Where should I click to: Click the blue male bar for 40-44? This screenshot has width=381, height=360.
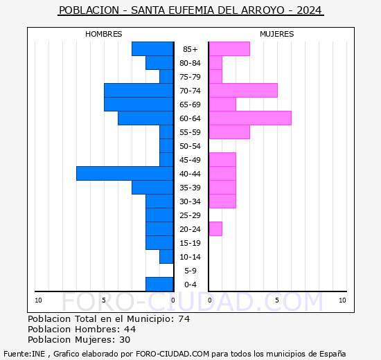tap(125, 174)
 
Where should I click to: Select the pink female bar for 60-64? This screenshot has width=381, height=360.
tap(250, 118)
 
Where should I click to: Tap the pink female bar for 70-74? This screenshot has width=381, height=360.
tap(243, 91)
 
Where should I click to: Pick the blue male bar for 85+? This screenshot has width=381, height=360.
tap(152, 49)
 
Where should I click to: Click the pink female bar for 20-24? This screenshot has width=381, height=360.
tap(215, 229)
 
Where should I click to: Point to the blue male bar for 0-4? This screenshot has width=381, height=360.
tap(159, 285)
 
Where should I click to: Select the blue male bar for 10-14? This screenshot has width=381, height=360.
tap(166, 257)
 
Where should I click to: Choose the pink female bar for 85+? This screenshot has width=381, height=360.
tap(229, 49)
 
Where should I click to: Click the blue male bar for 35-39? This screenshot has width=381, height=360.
tap(152, 188)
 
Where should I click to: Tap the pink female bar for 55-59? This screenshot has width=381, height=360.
tap(229, 132)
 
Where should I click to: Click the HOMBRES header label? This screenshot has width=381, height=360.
tap(104, 34)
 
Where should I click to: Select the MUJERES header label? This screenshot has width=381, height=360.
tap(277, 34)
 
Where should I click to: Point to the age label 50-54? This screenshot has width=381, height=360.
tap(190, 146)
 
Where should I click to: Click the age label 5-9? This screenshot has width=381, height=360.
tap(190, 271)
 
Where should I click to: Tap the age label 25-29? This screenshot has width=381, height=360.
tap(190, 215)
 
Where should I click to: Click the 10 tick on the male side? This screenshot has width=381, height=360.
tap(38, 300)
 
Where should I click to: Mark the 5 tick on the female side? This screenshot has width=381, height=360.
tap(276, 300)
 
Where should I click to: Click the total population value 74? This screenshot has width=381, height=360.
tap(184, 319)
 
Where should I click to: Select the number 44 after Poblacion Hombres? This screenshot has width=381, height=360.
tap(130, 330)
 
